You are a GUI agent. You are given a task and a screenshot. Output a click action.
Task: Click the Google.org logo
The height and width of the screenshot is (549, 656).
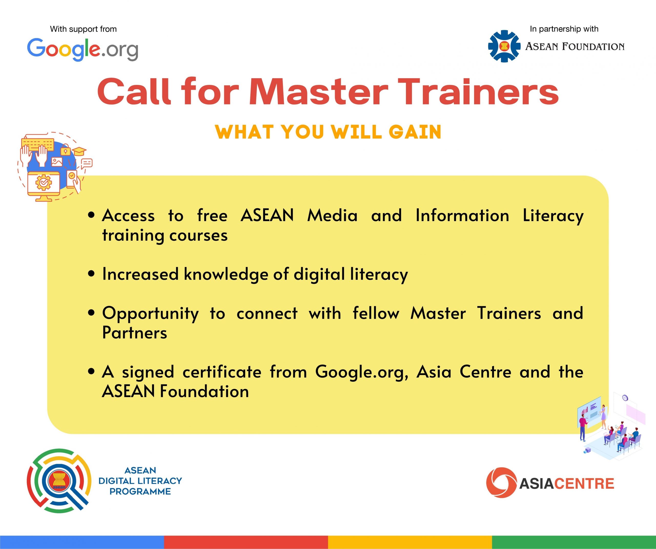[x=83, y=49]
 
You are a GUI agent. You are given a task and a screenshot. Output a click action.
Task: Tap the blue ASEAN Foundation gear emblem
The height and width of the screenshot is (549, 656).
[x=504, y=46]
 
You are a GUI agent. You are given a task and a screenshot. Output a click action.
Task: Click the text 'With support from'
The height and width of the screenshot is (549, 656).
[x=83, y=29]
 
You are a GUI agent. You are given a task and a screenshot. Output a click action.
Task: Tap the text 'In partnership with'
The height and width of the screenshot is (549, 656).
[x=564, y=29]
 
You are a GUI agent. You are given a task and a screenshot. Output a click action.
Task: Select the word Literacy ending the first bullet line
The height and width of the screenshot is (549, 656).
[x=553, y=216]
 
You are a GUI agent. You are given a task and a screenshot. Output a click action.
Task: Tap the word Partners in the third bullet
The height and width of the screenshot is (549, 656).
[x=135, y=333]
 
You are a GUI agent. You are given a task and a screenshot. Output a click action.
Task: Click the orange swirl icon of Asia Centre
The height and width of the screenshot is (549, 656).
[x=501, y=482]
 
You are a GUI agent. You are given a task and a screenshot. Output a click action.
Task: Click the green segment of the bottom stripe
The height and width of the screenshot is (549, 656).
[x=574, y=542]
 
